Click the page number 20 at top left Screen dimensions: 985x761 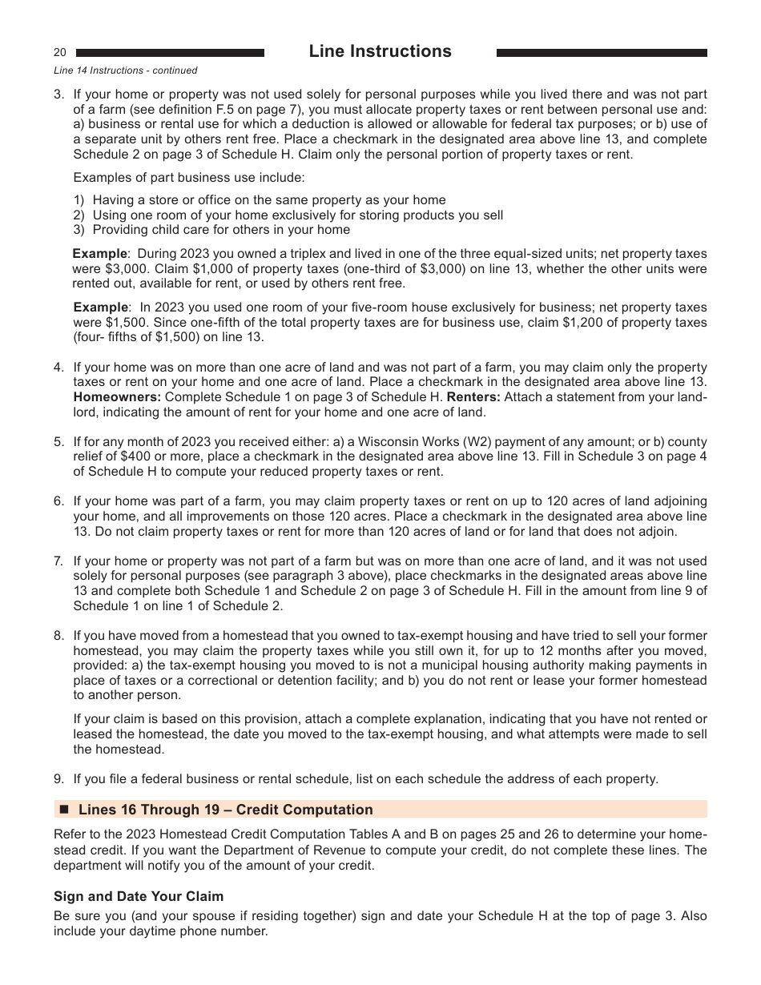60,53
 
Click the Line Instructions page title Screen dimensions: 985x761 380,51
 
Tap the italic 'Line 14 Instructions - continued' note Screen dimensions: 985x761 125,70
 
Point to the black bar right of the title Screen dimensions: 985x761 602,53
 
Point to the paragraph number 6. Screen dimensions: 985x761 58,502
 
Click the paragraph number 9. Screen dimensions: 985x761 58,778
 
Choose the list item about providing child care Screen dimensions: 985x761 221,230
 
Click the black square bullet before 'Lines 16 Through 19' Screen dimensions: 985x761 65,810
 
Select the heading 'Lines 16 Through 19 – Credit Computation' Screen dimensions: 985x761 225,810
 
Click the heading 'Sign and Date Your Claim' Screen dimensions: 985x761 139,896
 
